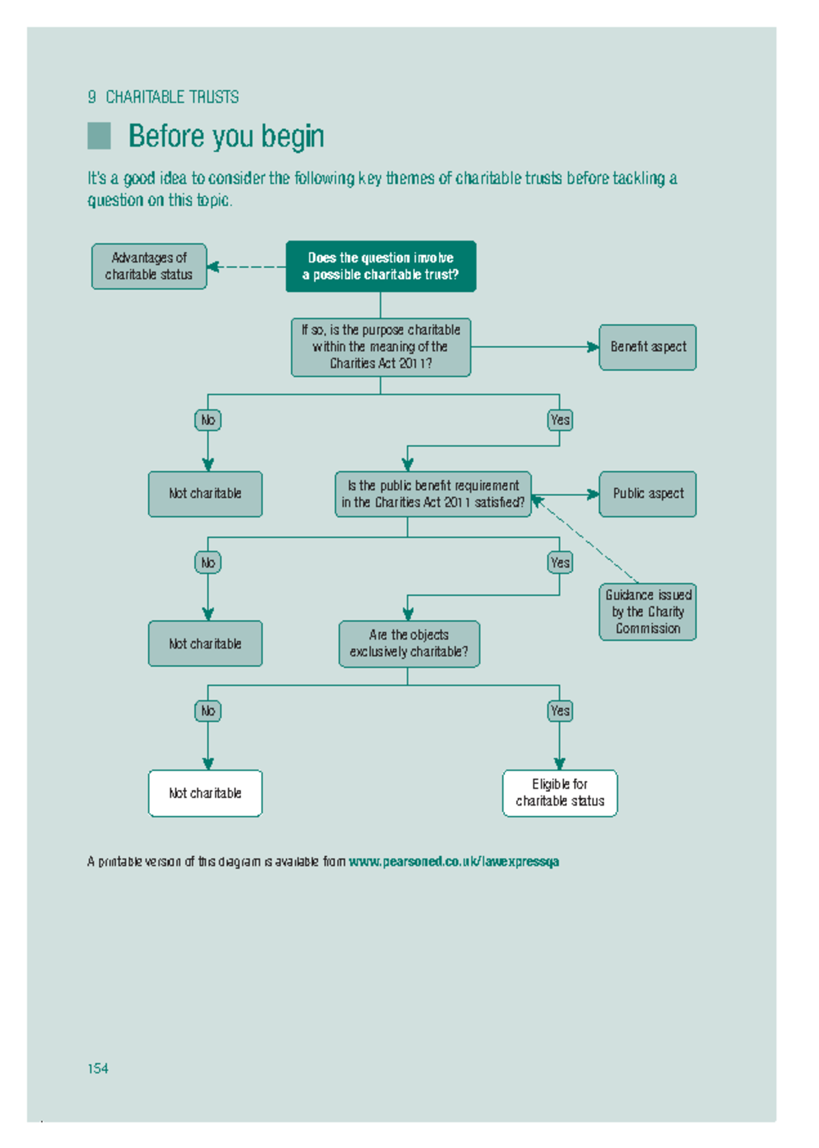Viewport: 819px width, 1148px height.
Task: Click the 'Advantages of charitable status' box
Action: click(x=149, y=266)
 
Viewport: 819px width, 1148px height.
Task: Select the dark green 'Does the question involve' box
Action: click(x=380, y=266)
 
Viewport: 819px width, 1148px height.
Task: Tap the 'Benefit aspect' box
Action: click(x=647, y=347)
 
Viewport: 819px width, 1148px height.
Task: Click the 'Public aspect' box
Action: click(x=647, y=493)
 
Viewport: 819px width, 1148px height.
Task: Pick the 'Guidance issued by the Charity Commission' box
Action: click(x=647, y=611)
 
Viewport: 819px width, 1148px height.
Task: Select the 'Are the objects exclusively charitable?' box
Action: click(x=409, y=643)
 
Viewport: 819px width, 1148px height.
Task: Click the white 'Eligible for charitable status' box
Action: click(x=560, y=793)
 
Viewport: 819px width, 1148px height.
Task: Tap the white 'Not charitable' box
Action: click(x=205, y=793)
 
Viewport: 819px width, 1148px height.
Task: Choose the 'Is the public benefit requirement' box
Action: click(x=433, y=494)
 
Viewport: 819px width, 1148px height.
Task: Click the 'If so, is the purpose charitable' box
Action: click(x=380, y=347)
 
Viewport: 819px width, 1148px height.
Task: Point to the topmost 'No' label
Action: click(x=207, y=420)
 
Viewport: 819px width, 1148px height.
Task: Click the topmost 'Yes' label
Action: click(x=560, y=420)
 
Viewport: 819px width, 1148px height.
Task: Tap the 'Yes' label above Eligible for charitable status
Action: click(x=560, y=711)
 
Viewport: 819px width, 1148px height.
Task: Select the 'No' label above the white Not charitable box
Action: click(x=207, y=711)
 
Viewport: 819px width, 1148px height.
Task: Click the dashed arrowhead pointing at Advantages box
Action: click(x=213, y=267)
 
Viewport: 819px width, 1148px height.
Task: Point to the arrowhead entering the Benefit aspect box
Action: click(x=593, y=347)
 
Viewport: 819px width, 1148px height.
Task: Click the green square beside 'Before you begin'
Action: click(x=99, y=136)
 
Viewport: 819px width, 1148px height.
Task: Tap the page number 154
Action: click(x=98, y=1068)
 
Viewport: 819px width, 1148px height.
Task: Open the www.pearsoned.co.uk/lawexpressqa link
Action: click(x=454, y=862)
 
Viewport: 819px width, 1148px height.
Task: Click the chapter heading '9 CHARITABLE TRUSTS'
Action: click(x=163, y=97)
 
